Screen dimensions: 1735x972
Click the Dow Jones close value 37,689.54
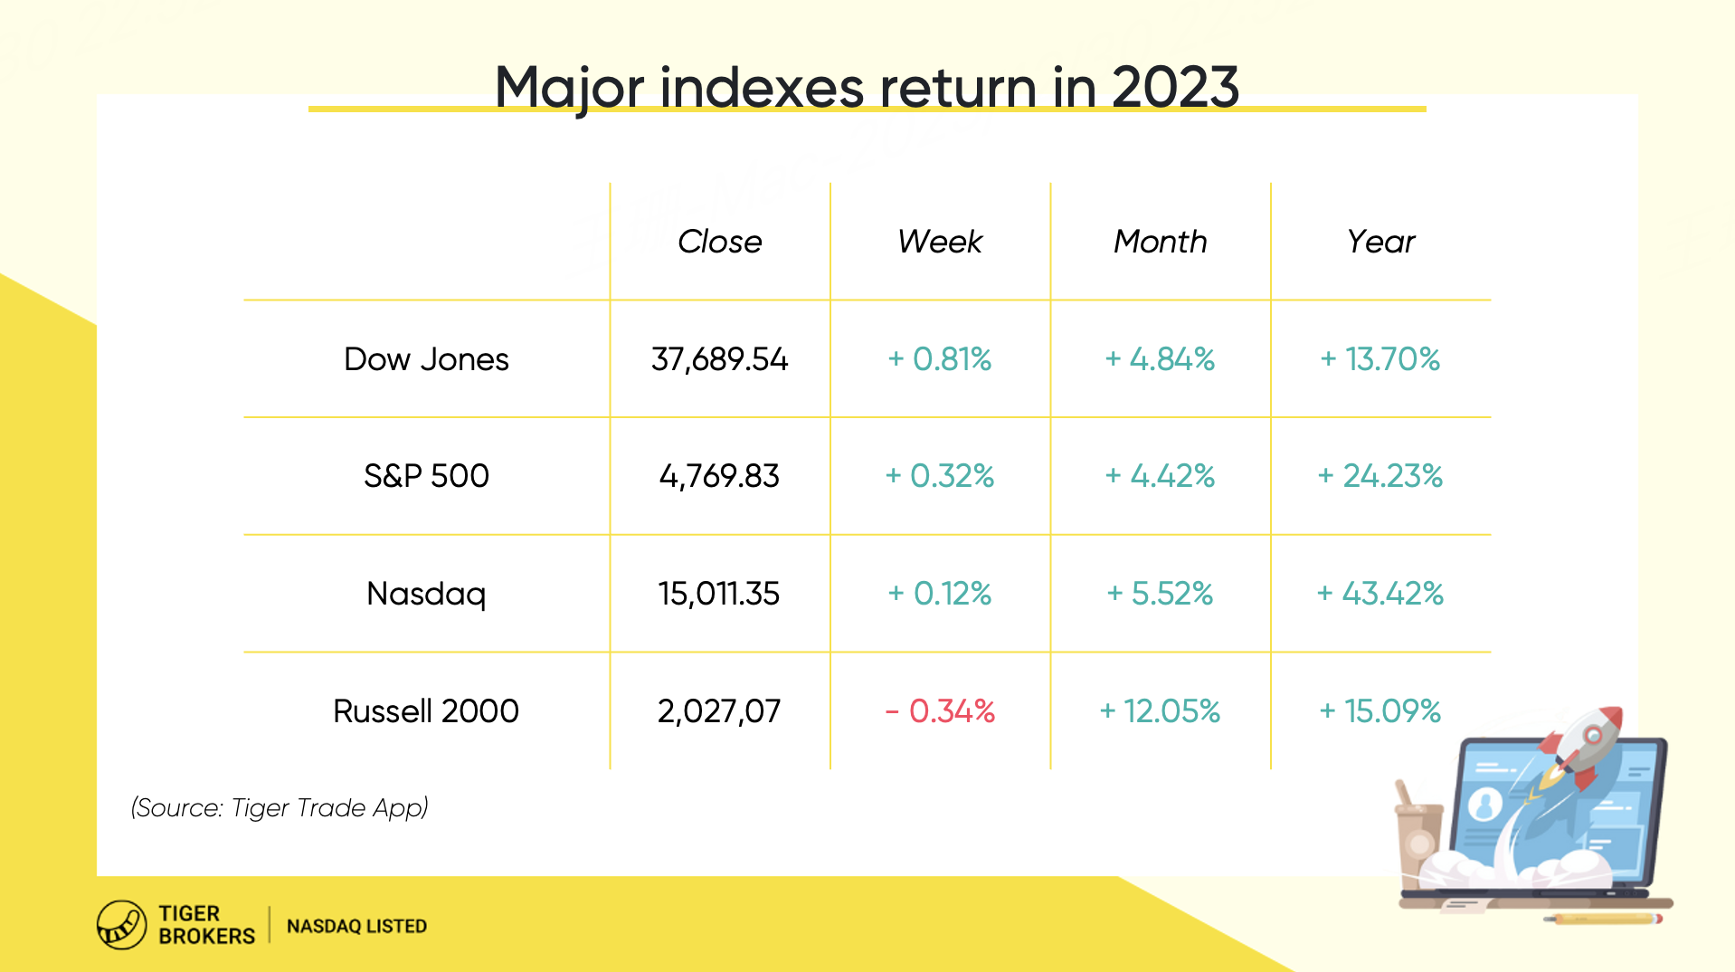(x=719, y=359)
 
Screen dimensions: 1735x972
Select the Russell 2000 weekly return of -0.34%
(x=940, y=711)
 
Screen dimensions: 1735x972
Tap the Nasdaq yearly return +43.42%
(x=1379, y=594)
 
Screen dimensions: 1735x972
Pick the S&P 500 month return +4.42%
(x=1160, y=476)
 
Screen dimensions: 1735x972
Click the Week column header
(x=940, y=242)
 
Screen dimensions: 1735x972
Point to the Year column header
(x=1380, y=242)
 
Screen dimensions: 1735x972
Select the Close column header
(x=720, y=242)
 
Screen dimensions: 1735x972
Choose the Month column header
(x=1161, y=242)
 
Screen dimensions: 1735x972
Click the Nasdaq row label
(x=426, y=595)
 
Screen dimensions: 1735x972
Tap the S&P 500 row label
(x=426, y=476)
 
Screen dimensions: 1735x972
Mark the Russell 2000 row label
(x=426, y=711)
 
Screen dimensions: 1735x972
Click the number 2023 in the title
(x=1175, y=88)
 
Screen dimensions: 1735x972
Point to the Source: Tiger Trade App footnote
(x=280, y=807)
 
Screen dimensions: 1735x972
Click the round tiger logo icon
(x=121, y=925)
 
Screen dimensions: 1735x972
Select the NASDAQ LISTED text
(x=356, y=926)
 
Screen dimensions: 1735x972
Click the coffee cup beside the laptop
(x=1418, y=837)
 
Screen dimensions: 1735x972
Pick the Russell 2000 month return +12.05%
(x=1160, y=711)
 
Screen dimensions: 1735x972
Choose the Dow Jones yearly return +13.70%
(x=1380, y=359)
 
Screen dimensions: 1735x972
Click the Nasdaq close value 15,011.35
(x=719, y=594)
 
